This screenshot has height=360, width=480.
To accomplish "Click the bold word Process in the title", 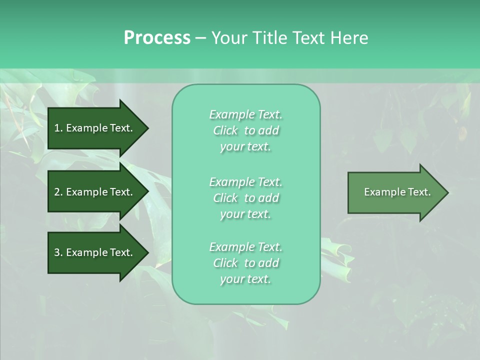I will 157,38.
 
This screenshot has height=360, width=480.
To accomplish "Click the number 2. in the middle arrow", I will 58,192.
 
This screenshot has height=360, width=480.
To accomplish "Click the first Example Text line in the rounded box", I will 245,114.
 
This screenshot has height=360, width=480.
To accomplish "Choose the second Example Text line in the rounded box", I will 245,181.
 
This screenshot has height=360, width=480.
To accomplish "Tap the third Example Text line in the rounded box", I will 245,247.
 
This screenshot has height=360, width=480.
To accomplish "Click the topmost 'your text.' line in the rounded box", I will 245,147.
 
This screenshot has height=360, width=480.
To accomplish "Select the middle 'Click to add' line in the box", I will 245,198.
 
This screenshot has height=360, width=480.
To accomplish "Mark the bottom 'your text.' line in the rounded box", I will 245,279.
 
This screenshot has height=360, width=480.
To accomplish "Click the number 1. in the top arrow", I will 58,128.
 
